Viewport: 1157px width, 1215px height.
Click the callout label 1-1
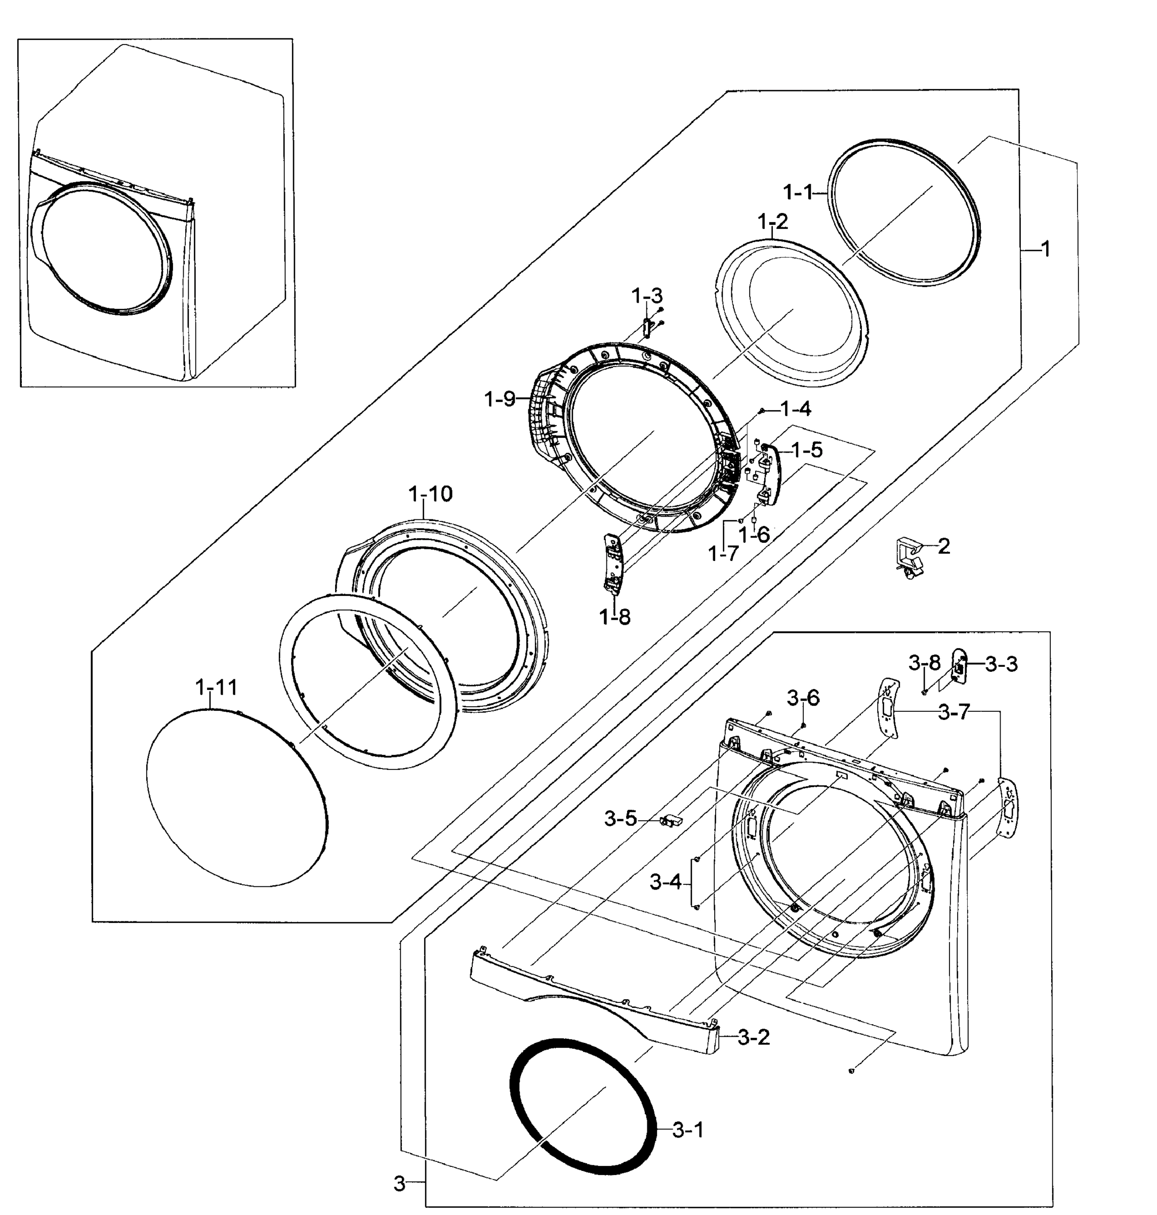[x=799, y=193]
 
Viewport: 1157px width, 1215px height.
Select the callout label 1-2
[x=773, y=221]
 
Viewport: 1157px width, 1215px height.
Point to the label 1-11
[x=216, y=687]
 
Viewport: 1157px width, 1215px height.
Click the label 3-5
[x=621, y=819]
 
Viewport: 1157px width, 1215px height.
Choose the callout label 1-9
[x=500, y=399]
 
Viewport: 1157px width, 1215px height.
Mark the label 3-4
[x=666, y=882]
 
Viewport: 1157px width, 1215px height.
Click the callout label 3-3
[x=1001, y=664]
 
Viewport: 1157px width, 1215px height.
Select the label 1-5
[x=807, y=450]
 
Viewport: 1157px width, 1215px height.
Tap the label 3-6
[x=803, y=698]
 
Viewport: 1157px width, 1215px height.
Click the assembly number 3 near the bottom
[x=400, y=1184]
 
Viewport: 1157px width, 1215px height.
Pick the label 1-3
[x=646, y=296]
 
